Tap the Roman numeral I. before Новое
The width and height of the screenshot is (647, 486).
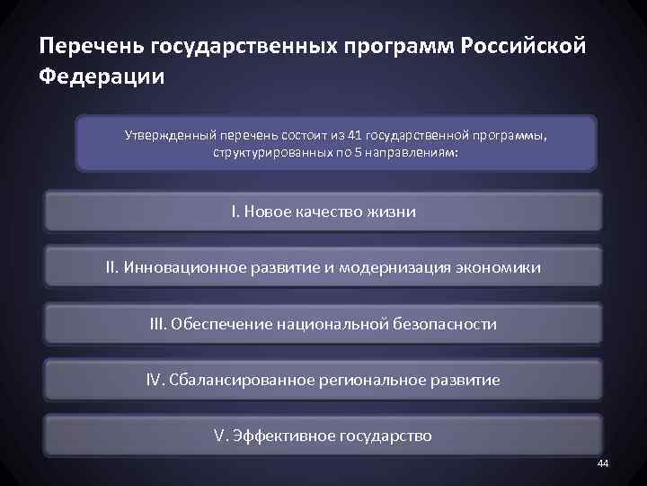tap(235, 212)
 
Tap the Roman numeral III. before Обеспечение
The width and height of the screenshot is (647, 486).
tap(158, 323)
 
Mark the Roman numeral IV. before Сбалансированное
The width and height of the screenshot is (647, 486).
tap(156, 380)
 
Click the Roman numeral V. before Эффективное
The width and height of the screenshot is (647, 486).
tap(221, 436)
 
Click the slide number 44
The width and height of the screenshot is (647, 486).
tap(602, 463)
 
